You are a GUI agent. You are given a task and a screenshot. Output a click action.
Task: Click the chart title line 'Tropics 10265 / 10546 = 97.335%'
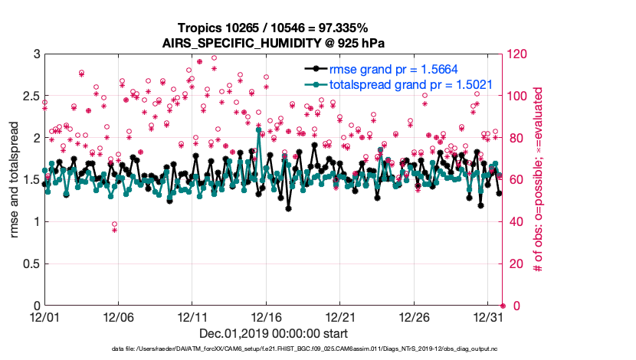[273, 28]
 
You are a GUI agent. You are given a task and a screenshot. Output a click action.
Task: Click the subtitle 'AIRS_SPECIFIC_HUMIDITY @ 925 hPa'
[273, 43]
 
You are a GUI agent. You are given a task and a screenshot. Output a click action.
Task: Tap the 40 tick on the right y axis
[516, 222]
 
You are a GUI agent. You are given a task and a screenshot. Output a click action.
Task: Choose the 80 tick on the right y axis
[516, 138]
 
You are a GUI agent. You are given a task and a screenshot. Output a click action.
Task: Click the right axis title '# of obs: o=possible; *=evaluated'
[539, 180]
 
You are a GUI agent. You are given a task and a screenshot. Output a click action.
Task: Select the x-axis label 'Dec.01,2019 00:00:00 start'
[273, 333]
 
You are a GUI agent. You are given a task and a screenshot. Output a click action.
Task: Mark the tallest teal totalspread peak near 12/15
[259, 130]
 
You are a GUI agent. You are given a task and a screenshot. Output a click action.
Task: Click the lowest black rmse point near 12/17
[289, 208]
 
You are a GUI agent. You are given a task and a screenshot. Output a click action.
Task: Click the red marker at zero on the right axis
[503, 306]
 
